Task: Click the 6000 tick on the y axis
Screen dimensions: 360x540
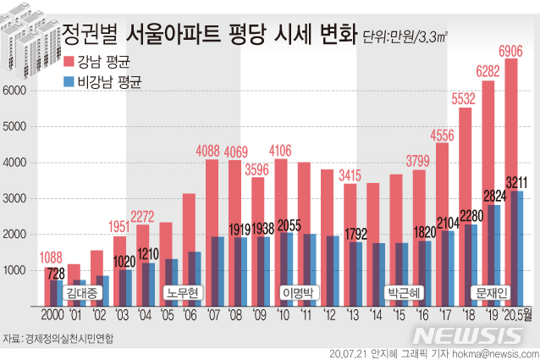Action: coord(16,91)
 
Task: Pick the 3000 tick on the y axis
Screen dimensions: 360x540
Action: coord(16,198)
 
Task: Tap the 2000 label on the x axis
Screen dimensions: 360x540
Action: coord(53,316)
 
